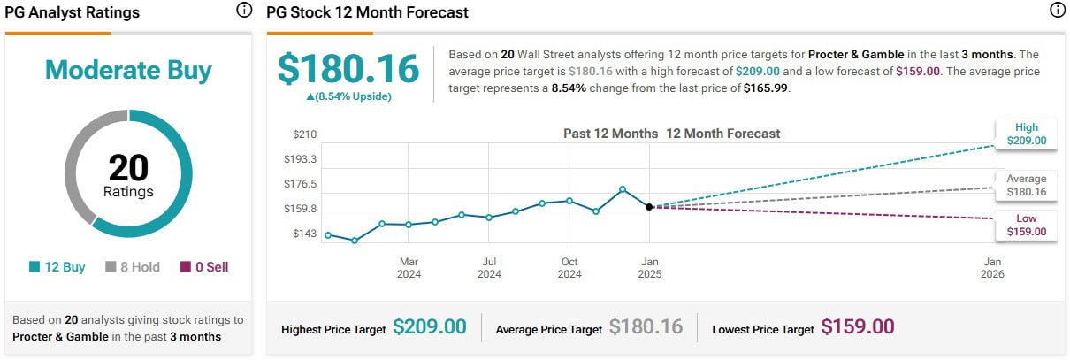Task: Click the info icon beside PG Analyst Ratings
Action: (x=244, y=11)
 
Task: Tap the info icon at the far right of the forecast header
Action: (x=1057, y=11)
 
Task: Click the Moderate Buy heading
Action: (x=128, y=70)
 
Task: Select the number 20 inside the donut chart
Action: (x=128, y=168)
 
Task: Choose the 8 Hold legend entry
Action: (x=134, y=266)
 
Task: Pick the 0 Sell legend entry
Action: (x=203, y=266)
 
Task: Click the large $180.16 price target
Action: (x=348, y=69)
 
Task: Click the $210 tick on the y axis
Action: (x=304, y=134)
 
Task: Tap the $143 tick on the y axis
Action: (x=304, y=234)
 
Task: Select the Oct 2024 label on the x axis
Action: (x=569, y=268)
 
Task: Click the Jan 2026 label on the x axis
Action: (x=992, y=268)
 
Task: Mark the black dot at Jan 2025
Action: (x=649, y=207)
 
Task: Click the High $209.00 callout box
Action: (x=1026, y=134)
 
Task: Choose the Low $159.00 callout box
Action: (x=1026, y=225)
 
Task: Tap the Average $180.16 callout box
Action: (x=1026, y=185)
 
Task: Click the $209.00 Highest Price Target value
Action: (x=429, y=326)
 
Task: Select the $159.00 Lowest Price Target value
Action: (x=857, y=326)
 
